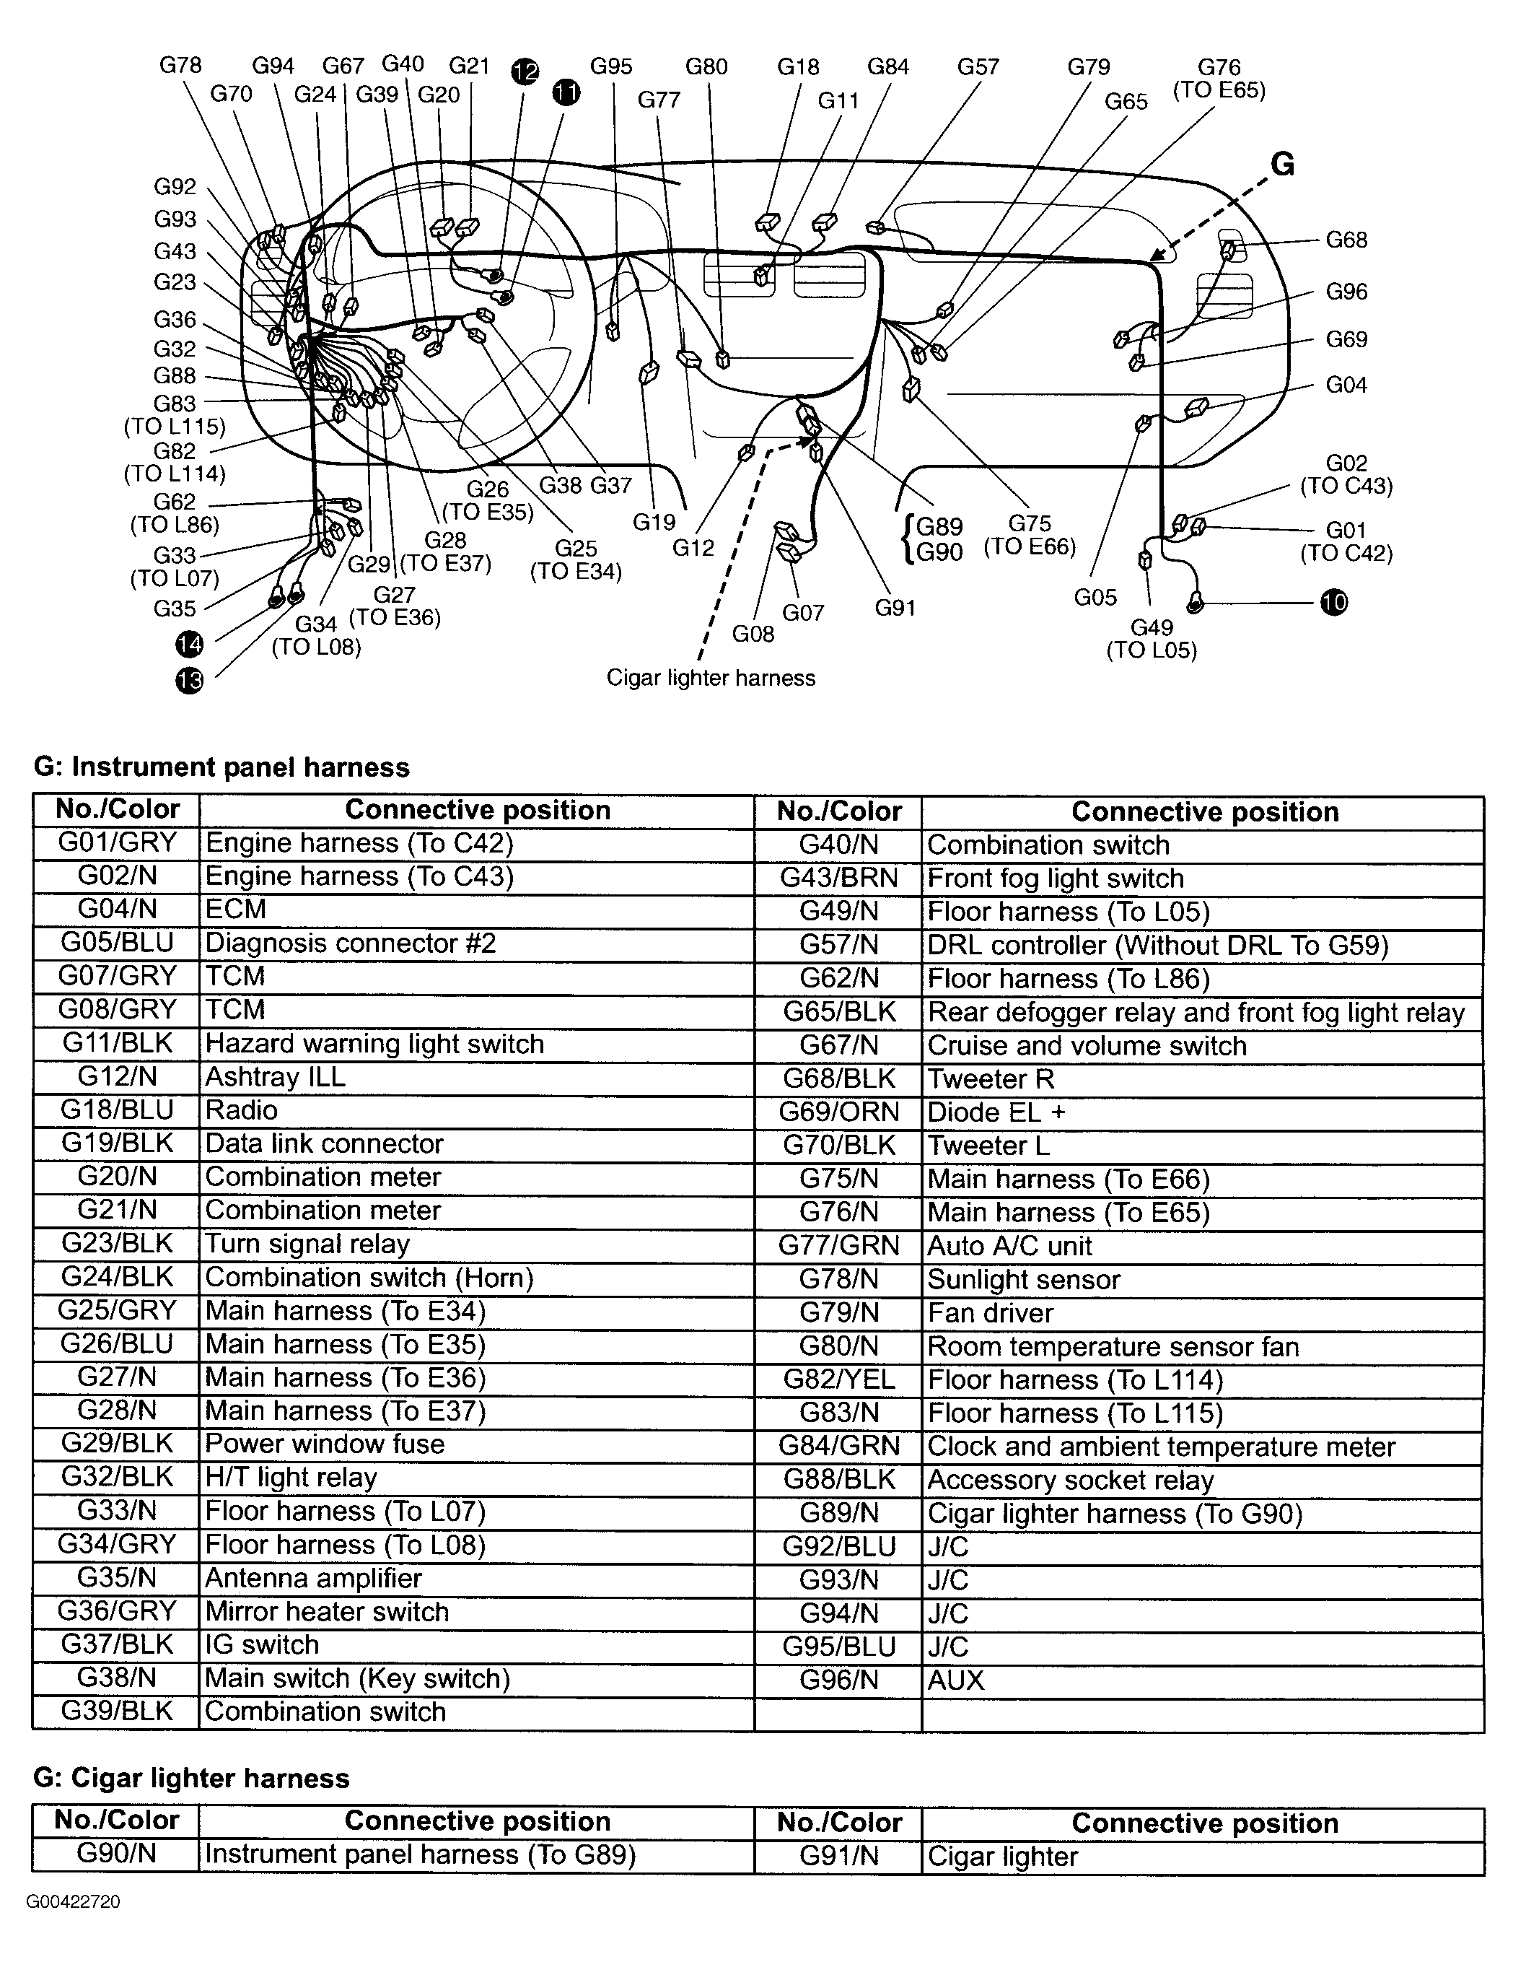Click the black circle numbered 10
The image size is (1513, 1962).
point(1334,602)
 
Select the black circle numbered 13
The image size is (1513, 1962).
point(190,681)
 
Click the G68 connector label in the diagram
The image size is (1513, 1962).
point(1346,240)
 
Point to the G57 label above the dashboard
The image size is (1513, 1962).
point(978,66)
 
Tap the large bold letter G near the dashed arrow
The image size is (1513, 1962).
point(1282,165)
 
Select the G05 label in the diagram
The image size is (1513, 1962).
point(1095,598)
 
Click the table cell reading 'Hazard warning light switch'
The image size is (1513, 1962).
point(374,1044)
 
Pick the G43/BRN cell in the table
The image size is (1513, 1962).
point(838,878)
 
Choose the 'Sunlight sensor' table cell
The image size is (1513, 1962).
point(1024,1279)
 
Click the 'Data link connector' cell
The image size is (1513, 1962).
point(324,1143)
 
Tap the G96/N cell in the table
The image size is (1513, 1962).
point(838,1680)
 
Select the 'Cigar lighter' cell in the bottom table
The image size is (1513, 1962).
point(1002,1856)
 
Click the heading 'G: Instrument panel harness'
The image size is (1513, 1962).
point(221,767)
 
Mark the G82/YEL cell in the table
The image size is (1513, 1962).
point(838,1379)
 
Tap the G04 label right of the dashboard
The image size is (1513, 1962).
point(1346,385)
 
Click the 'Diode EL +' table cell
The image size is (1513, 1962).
point(996,1112)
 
